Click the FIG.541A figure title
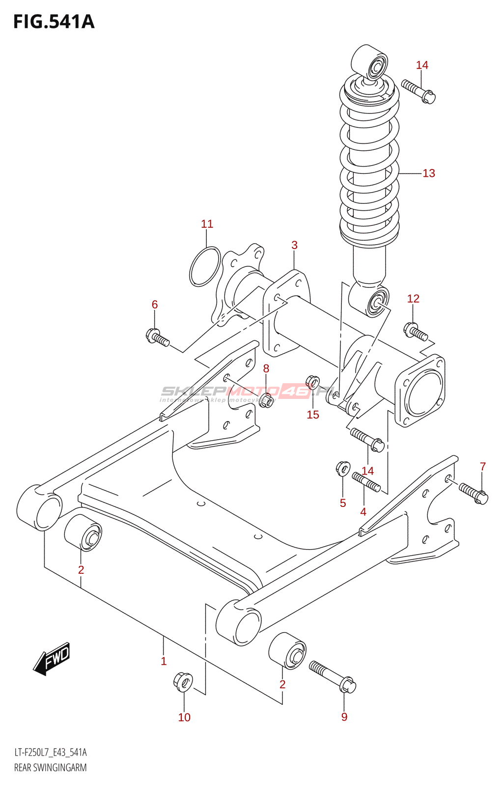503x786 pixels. [x=54, y=22]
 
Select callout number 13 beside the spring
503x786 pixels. [x=428, y=173]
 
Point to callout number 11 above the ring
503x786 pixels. [x=207, y=224]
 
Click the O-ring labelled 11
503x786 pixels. [x=204, y=266]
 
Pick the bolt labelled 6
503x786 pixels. [x=158, y=337]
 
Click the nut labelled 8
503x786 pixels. [x=266, y=399]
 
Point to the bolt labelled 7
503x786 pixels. [x=474, y=493]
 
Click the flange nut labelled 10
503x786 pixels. [x=183, y=681]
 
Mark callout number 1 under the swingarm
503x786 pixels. [x=164, y=661]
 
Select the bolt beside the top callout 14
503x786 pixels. [x=419, y=91]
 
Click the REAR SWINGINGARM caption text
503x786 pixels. [x=50, y=768]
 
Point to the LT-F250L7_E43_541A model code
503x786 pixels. [x=50, y=753]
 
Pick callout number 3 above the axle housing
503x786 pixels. [x=294, y=245]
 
